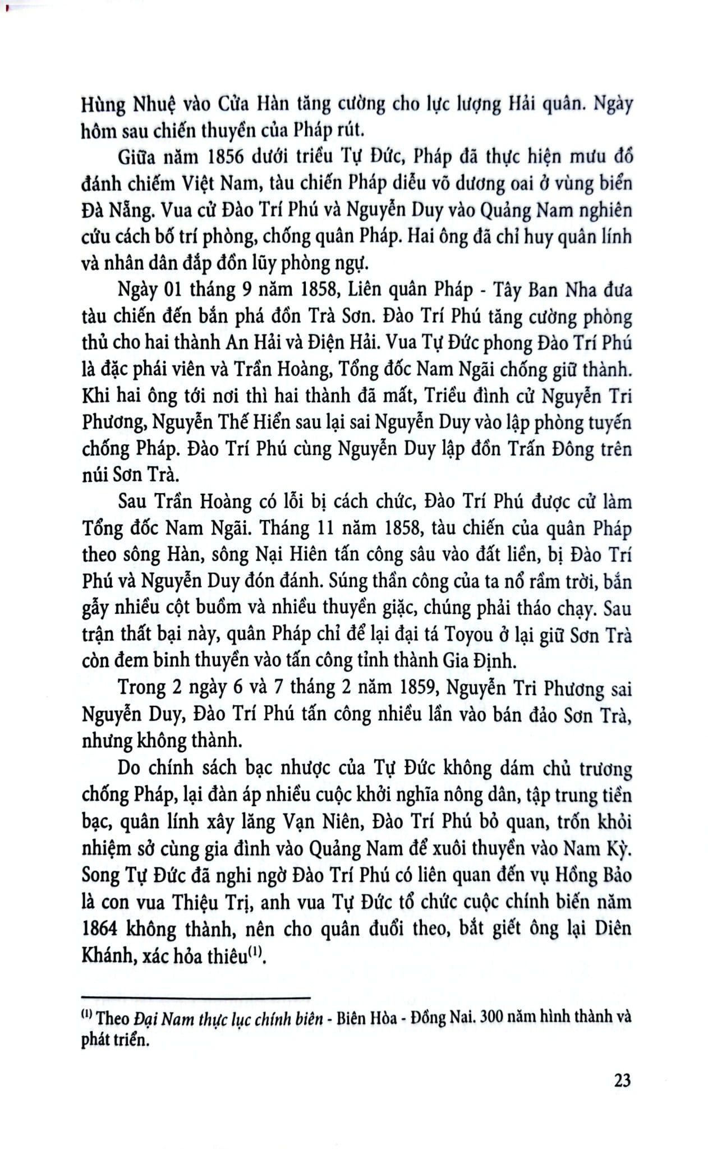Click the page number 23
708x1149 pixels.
click(x=622, y=1080)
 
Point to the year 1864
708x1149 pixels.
click(x=98, y=929)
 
